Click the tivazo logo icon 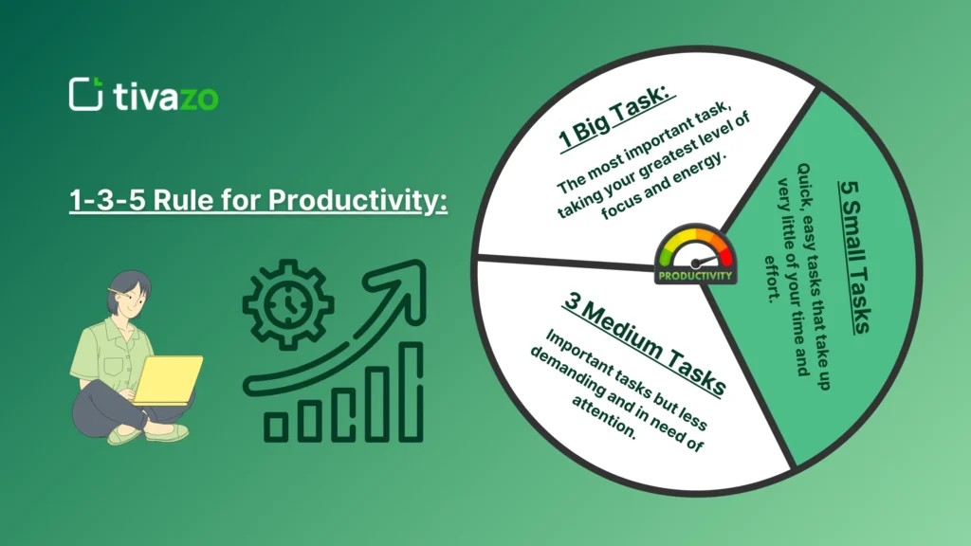[x=86, y=94]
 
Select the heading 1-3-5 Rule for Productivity [x=258, y=202]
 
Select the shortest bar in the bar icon [x=275, y=427]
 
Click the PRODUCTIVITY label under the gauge [x=695, y=276]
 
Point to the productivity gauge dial [x=695, y=248]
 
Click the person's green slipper [x=129, y=434]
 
